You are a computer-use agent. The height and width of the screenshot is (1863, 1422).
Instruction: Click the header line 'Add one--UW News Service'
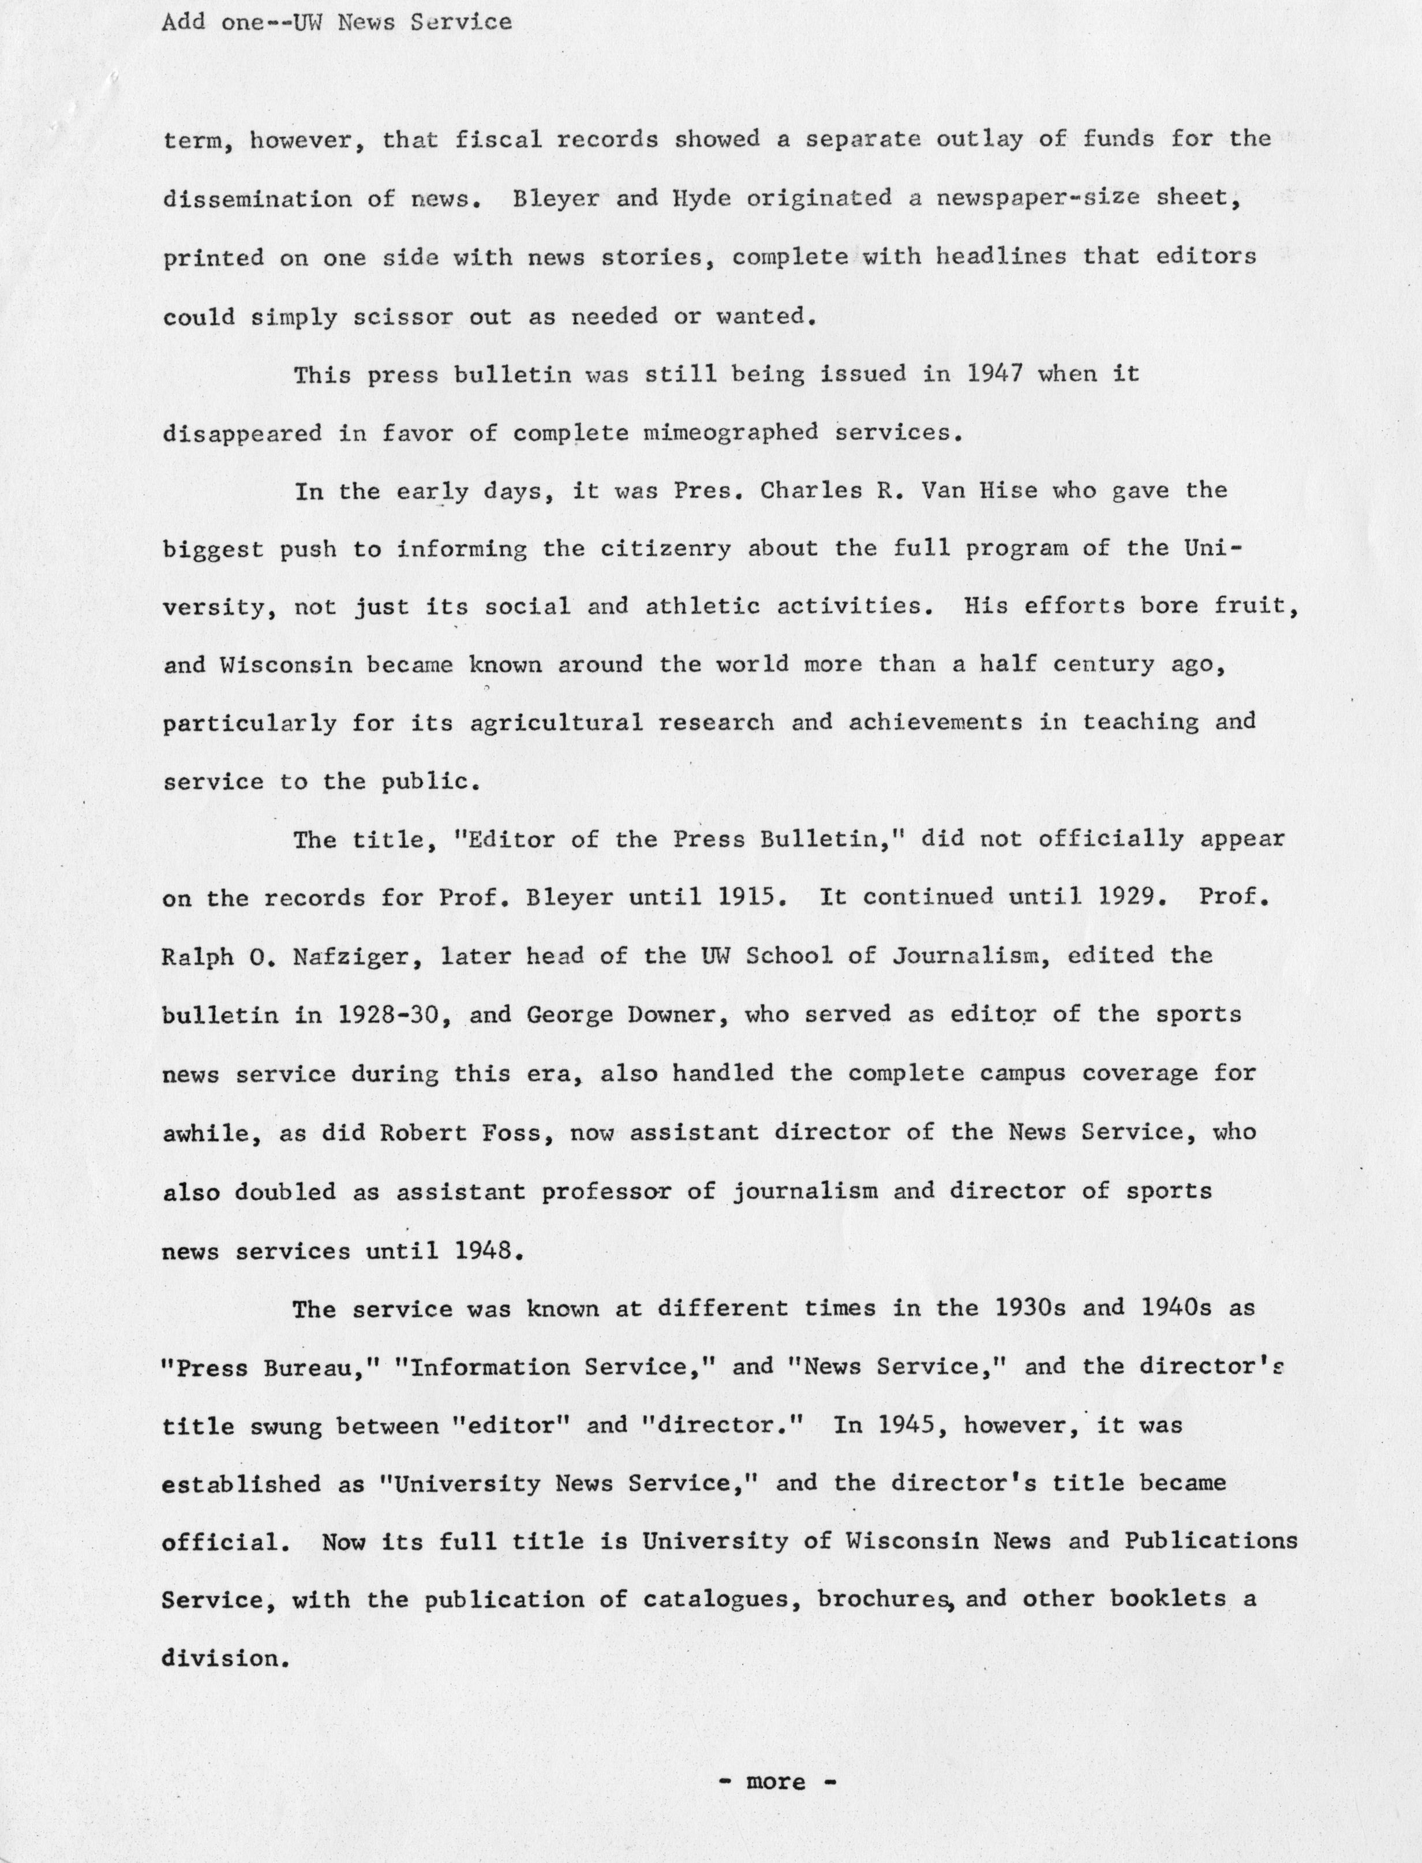tap(336, 22)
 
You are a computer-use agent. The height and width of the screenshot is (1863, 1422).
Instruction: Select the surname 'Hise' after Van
tap(1007, 491)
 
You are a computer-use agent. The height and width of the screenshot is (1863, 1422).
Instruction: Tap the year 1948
tap(484, 1250)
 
